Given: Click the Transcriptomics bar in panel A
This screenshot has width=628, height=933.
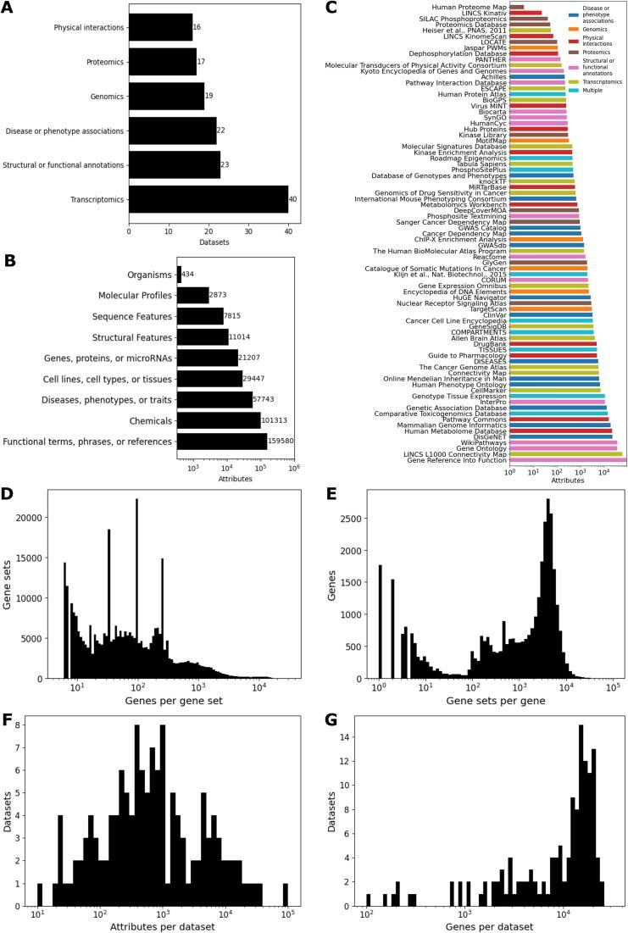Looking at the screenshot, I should coord(208,199).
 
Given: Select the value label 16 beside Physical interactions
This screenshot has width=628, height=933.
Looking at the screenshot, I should coord(197,27).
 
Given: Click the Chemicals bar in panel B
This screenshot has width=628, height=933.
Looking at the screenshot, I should coord(218,420).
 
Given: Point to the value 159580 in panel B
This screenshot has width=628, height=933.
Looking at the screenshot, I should coord(282,442).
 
